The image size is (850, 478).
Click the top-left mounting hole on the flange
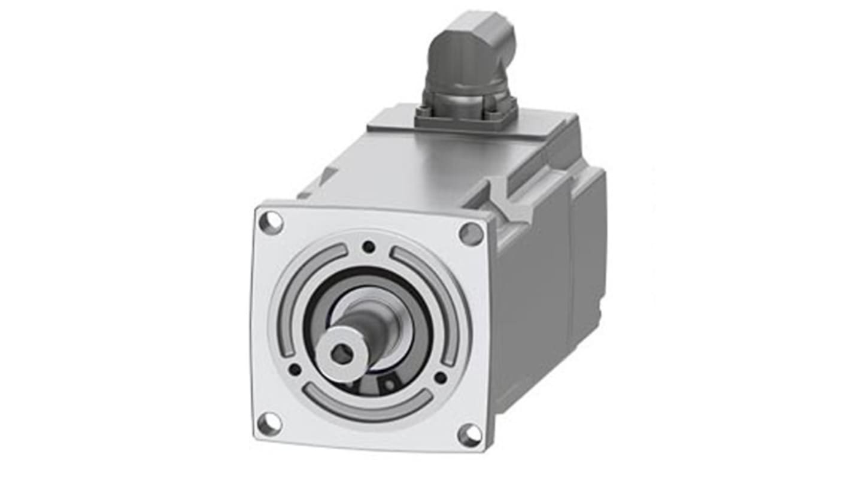271,222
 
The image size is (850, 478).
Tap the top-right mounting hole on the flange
471,233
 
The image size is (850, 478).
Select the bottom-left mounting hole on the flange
269,423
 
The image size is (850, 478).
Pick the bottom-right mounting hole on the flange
470,435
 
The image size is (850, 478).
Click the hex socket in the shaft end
342,355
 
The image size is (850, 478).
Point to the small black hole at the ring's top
369,246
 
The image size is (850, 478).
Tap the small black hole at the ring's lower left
295,370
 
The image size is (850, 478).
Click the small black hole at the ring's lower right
440,377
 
